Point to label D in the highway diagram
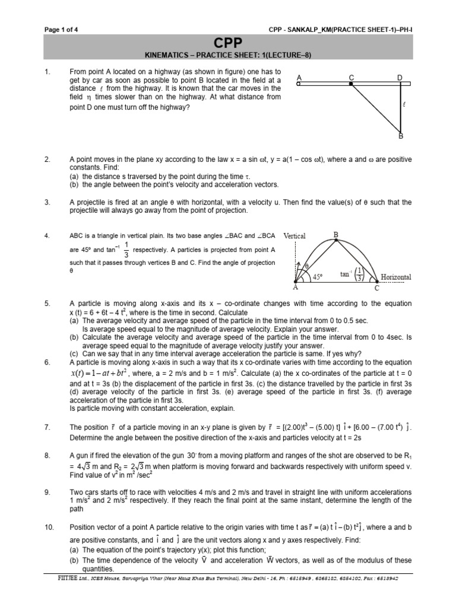(x=400, y=78)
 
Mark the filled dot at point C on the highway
(x=351, y=84)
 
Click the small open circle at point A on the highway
(x=299, y=84)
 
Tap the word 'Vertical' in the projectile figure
(x=294, y=235)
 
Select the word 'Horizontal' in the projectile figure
(x=396, y=277)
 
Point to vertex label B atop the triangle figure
(x=335, y=235)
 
